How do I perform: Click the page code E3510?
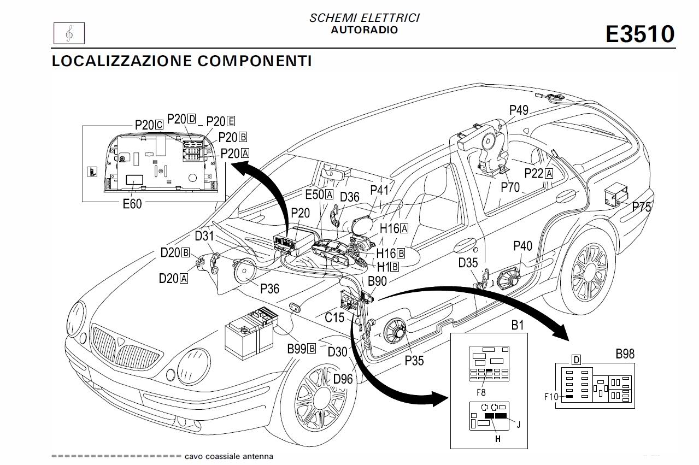point(640,34)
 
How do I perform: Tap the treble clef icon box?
point(68,34)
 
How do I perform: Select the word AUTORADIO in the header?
point(364,30)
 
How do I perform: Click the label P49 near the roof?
point(519,110)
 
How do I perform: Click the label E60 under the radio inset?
point(132,204)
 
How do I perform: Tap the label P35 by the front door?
point(414,360)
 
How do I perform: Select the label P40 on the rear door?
point(522,246)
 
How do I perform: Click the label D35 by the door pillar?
point(468,263)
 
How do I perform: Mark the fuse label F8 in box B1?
point(481,391)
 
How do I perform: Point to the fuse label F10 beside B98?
point(551,397)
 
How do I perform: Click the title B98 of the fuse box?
point(625,354)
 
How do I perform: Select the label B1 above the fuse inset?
point(517,326)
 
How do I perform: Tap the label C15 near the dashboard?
point(334,317)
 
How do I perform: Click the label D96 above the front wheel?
point(343,379)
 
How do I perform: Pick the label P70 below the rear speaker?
point(510,187)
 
